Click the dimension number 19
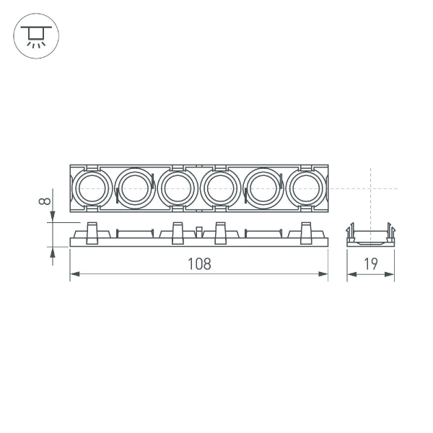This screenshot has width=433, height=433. point(371,264)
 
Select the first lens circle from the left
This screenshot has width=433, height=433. point(91,188)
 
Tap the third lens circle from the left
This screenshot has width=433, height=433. point(176,188)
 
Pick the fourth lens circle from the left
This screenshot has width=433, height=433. point(219,188)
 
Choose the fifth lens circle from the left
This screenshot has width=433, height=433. point(262,188)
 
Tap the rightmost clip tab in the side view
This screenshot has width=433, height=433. point(307,233)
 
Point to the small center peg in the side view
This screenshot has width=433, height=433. point(198,232)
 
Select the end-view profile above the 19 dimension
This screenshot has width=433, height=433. point(370,235)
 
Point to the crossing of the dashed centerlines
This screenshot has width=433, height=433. point(370,188)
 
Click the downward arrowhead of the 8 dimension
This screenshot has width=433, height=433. point(52,220)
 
